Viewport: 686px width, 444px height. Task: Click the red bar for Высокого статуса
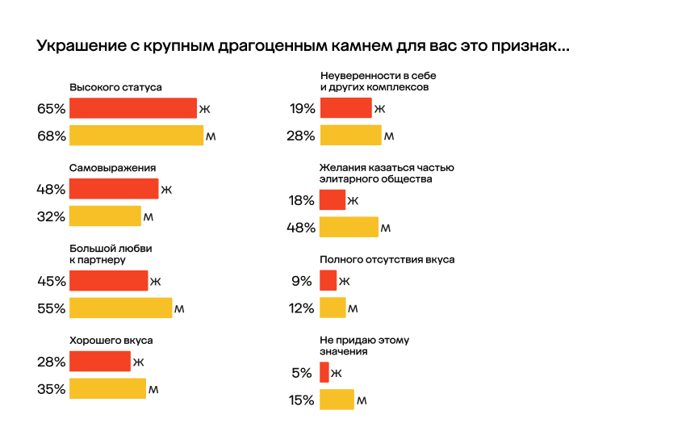(133, 108)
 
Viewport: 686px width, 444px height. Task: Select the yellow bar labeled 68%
(136, 136)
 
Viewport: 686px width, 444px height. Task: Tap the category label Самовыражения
(112, 168)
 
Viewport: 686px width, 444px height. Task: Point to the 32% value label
(51, 216)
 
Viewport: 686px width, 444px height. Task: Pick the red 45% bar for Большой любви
(109, 281)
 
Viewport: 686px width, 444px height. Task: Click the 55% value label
(51, 308)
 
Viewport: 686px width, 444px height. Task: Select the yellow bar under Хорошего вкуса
(107, 389)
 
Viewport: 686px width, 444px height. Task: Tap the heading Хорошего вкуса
(111, 341)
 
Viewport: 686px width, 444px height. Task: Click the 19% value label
(301, 108)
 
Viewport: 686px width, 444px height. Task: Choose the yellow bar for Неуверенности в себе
(350, 136)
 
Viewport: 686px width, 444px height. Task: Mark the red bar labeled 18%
(333, 200)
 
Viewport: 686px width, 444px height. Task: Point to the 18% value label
(301, 200)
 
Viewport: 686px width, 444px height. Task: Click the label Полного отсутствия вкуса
(387, 260)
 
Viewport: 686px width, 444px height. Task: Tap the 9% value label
(303, 281)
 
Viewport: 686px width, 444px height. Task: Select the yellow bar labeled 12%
(333, 308)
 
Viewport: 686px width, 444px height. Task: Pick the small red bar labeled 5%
(324, 373)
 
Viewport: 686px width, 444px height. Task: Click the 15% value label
(301, 400)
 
